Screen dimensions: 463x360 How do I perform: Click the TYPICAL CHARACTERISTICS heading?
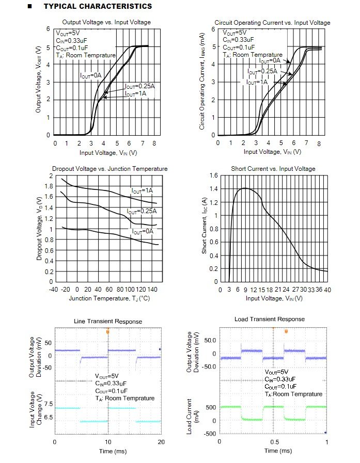[x=98, y=6]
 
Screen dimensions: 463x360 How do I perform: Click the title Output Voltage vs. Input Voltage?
[x=106, y=22]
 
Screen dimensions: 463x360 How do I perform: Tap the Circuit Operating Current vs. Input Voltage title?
[x=272, y=23]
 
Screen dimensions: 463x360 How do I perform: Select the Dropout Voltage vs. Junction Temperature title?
[x=109, y=169]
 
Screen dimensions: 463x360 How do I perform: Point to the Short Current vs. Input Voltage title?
[x=272, y=169]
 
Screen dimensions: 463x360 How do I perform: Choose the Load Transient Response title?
[x=269, y=319]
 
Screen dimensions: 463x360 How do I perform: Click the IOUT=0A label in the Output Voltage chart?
[x=91, y=75]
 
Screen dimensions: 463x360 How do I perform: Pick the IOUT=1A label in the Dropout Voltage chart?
[x=142, y=191]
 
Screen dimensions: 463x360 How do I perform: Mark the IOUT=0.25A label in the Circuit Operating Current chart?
[x=262, y=71]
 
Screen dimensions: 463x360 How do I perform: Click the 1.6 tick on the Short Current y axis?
[x=213, y=176]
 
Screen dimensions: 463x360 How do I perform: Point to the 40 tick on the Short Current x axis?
[x=327, y=290]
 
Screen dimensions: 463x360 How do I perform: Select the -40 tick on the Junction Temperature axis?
[x=53, y=290]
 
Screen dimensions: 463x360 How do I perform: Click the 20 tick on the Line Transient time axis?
[x=161, y=442]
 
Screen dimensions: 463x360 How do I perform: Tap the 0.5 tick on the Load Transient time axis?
[x=272, y=442]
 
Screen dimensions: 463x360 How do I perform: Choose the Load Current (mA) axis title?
[x=189, y=416]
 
